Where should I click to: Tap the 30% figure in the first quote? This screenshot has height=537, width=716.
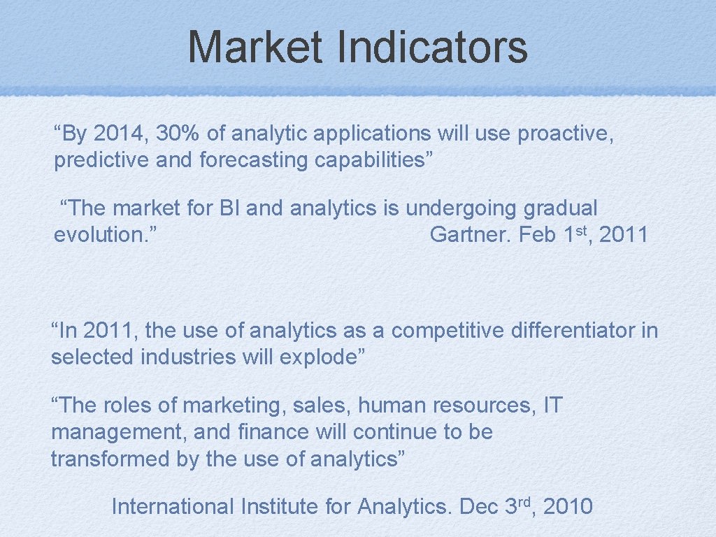click(x=178, y=133)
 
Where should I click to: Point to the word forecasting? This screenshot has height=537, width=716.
click(x=254, y=160)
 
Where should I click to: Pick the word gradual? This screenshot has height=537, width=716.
click(x=560, y=208)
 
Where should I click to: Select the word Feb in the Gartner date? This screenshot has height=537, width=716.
click(x=537, y=234)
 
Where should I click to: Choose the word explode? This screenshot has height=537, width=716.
click(x=321, y=357)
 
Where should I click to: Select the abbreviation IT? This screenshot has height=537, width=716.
click(x=552, y=405)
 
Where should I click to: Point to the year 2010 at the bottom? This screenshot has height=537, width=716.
click(x=567, y=506)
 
